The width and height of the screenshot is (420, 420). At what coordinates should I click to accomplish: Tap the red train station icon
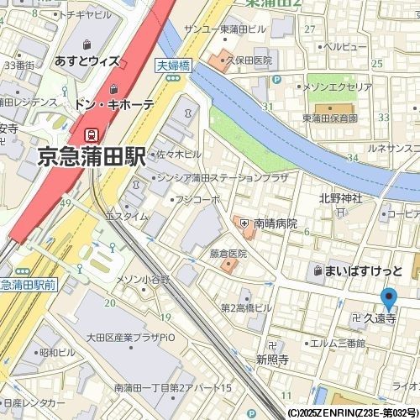[x=90, y=134]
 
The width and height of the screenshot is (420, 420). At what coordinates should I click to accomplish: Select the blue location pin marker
[x=388, y=300]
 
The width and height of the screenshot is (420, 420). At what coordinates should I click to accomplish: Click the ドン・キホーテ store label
[x=114, y=105]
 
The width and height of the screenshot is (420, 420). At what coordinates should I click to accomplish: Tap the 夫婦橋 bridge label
[x=172, y=63]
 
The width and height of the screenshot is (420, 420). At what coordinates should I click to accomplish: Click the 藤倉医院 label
[x=228, y=253]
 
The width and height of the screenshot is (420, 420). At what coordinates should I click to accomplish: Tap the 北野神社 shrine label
[x=340, y=198]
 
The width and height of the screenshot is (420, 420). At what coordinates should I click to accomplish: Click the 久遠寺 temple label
[x=379, y=319]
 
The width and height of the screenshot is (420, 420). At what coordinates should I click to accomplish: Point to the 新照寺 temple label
[x=273, y=359]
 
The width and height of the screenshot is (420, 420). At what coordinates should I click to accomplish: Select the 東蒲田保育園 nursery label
[x=330, y=118]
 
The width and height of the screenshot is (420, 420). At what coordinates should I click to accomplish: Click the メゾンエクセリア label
[x=338, y=87]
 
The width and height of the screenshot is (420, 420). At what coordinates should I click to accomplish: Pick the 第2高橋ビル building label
[x=246, y=307]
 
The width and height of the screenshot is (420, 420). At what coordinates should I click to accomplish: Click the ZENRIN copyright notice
[x=351, y=413]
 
